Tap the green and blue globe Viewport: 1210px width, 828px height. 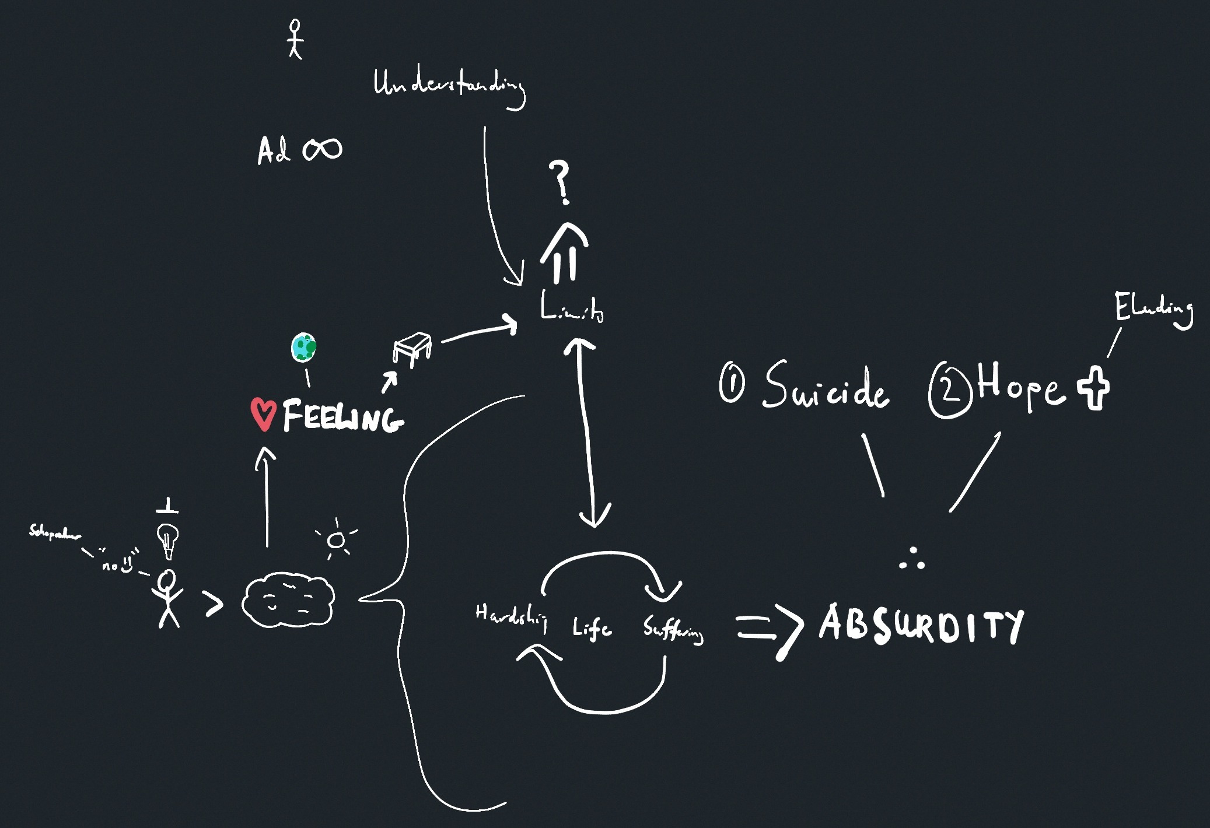(303, 348)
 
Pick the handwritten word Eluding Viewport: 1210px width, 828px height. (1153, 309)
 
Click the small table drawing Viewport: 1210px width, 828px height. (412, 349)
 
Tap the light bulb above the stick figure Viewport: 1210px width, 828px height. (168, 540)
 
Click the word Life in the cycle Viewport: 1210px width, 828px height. (592, 629)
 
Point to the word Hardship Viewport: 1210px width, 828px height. (511, 618)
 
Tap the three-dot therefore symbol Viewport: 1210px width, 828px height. (911, 560)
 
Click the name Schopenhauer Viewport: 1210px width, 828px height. (55, 533)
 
